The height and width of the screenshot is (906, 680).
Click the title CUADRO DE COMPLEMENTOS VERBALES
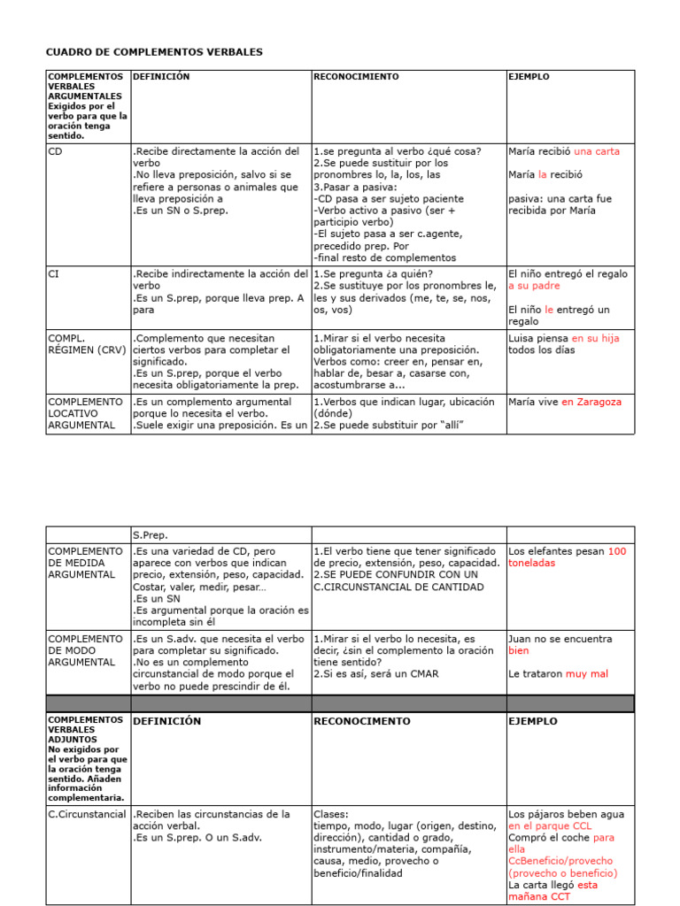coord(154,53)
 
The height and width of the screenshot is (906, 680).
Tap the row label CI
coord(53,274)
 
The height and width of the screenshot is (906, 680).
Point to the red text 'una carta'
coord(597,151)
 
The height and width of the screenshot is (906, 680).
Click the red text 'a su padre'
coord(534,286)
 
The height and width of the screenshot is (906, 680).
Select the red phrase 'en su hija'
coord(595,338)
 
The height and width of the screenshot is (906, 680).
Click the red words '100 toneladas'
coord(567,557)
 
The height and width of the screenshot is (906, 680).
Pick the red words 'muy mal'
coord(587,673)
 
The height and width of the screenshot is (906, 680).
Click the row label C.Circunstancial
coord(87,814)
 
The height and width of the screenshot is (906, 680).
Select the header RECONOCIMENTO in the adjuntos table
coord(361,721)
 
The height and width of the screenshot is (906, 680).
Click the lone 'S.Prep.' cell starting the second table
coord(150,534)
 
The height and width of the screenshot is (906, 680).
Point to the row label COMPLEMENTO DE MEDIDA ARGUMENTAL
coord(86,563)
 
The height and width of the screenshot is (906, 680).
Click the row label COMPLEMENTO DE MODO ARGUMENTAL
coord(86,650)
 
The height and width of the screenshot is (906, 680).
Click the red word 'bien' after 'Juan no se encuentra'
coord(518,650)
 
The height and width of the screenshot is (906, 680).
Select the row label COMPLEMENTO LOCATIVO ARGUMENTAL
coord(86,413)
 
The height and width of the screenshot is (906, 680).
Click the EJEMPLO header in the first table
coord(529,77)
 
